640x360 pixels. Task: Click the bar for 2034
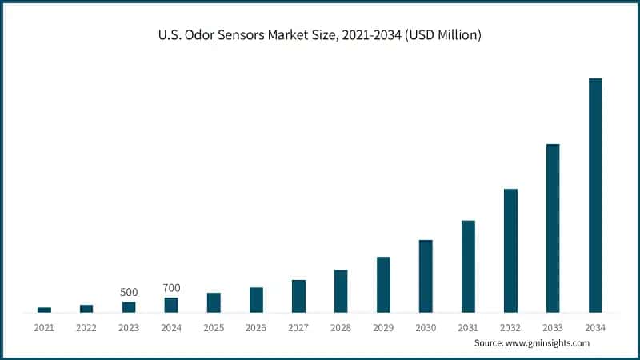595,195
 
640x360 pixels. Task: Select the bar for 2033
553,228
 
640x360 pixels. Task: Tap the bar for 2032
510,250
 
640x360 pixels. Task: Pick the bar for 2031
468,266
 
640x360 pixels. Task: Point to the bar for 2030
426,276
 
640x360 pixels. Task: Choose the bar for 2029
383,285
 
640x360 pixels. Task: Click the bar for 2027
298,296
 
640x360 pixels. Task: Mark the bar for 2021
44,310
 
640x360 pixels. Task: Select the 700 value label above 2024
171,288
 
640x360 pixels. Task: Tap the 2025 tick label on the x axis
214,327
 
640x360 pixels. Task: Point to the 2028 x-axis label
341,327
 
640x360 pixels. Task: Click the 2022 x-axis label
86,327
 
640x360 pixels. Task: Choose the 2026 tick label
256,327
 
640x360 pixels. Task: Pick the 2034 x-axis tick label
595,327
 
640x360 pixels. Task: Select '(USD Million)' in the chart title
443,35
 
